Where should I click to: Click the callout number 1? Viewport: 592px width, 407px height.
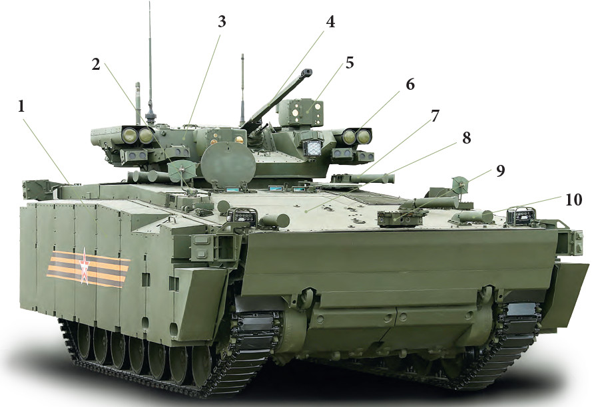[21, 107]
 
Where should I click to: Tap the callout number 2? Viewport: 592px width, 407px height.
[96, 65]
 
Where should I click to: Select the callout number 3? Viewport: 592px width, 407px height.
[222, 22]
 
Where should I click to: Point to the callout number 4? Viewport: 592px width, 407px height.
[330, 22]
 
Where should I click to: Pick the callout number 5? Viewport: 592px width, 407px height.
[350, 63]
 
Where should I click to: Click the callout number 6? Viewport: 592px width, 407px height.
[410, 84]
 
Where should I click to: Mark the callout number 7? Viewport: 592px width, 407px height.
[435, 116]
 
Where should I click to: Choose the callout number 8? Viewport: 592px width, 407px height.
[467, 138]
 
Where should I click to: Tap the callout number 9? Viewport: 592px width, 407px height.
[500, 171]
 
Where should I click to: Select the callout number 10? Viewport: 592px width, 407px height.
[573, 200]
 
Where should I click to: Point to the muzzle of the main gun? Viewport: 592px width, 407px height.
[308, 71]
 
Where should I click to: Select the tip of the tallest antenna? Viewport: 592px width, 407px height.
[150, 2]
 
